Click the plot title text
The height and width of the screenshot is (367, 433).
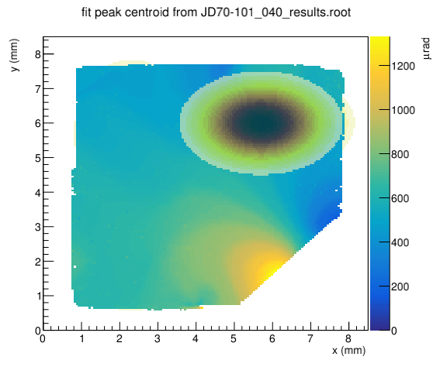[216, 12]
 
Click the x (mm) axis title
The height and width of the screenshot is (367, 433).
[348, 351]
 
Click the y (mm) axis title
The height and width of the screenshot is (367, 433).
[15, 55]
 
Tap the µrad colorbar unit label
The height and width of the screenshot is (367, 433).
[426, 49]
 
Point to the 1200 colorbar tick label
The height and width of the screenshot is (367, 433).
[403, 66]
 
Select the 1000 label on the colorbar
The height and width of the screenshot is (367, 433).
[403, 110]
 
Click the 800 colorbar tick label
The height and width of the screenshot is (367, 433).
[400, 154]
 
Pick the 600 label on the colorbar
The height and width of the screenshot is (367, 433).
[400, 198]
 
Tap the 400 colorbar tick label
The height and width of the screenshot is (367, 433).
[400, 242]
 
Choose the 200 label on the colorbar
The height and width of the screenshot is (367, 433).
[400, 286]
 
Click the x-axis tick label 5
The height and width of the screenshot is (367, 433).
[234, 338]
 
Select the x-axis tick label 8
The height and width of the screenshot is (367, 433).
[348, 338]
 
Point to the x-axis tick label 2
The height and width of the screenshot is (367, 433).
[120, 338]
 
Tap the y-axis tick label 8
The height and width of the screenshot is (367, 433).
[38, 54]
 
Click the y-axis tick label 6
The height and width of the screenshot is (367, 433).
[38, 123]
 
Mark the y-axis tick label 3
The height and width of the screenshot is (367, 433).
[38, 227]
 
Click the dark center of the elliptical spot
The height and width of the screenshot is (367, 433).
[261, 123]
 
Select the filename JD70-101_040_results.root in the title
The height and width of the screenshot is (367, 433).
[275, 13]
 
